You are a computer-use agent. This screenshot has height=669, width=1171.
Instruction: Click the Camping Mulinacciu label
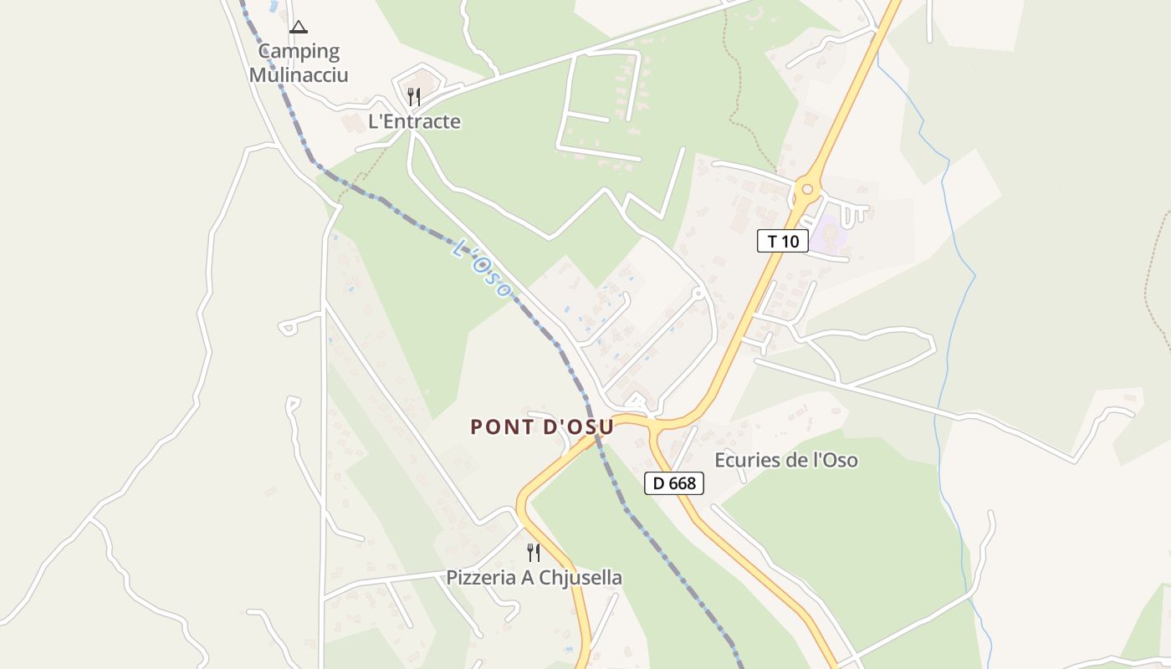tap(299, 63)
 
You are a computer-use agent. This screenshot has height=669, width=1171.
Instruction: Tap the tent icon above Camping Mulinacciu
tap(299, 28)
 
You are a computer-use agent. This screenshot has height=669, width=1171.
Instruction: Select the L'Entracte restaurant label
tap(414, 121)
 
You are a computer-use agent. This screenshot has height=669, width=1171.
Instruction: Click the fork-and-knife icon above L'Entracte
tap(413, 97)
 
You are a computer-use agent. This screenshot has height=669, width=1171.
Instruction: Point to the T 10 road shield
tap(783, 242)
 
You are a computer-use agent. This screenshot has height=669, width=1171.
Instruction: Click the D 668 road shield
tap(674, 483)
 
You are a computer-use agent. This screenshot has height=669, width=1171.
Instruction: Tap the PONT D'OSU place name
tap(542, 426)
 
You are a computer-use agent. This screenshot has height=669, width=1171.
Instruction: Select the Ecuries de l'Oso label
tap(786, 460)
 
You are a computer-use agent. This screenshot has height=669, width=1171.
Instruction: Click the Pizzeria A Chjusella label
tap(534, 578)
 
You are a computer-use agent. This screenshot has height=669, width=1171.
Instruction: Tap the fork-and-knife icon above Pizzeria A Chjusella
tap(533, 552)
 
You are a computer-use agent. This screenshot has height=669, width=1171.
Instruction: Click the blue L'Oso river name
tap(481, 268)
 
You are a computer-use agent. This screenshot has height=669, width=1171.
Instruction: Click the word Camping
tap(299, 52)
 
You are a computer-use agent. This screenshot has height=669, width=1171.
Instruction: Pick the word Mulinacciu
tap(299, 74)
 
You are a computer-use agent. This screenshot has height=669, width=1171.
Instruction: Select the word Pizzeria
tap(481, 578)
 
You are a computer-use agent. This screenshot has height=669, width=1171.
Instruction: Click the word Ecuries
tap(744, 460)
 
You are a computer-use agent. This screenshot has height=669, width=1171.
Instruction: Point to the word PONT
tap(501, 426)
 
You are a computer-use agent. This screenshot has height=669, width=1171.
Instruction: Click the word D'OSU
tap(579, 426)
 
